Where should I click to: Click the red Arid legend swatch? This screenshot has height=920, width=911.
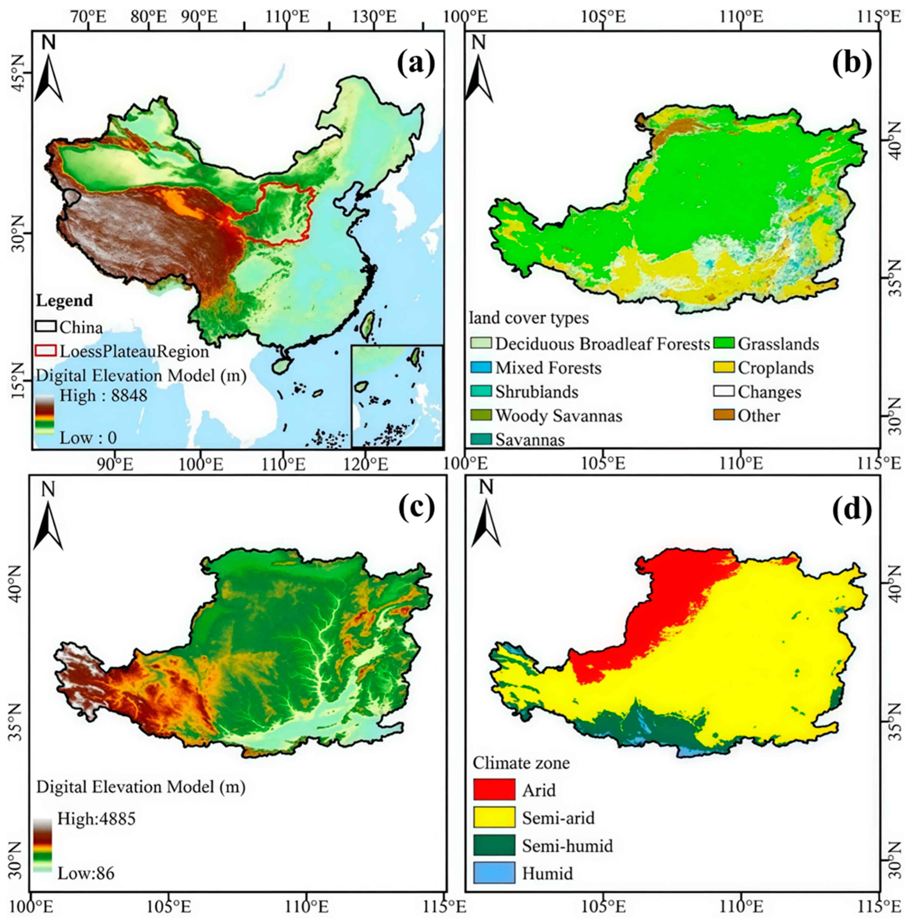pos(494,789)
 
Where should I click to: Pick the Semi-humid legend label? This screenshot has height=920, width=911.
pos(567,845)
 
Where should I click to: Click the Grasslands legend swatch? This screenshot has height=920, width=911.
pos(723,343)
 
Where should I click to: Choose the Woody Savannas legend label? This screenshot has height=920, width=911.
pos(559,416)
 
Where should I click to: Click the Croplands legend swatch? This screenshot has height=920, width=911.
pos(723,367)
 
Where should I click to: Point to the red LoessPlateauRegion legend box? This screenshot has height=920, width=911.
pos(46,351)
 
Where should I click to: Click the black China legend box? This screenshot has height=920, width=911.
pos(46,327)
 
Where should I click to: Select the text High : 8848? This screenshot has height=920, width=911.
pos(103,395)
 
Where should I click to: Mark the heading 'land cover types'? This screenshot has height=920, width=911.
pos(529,318)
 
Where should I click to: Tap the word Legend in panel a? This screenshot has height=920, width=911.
pos(64,301)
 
